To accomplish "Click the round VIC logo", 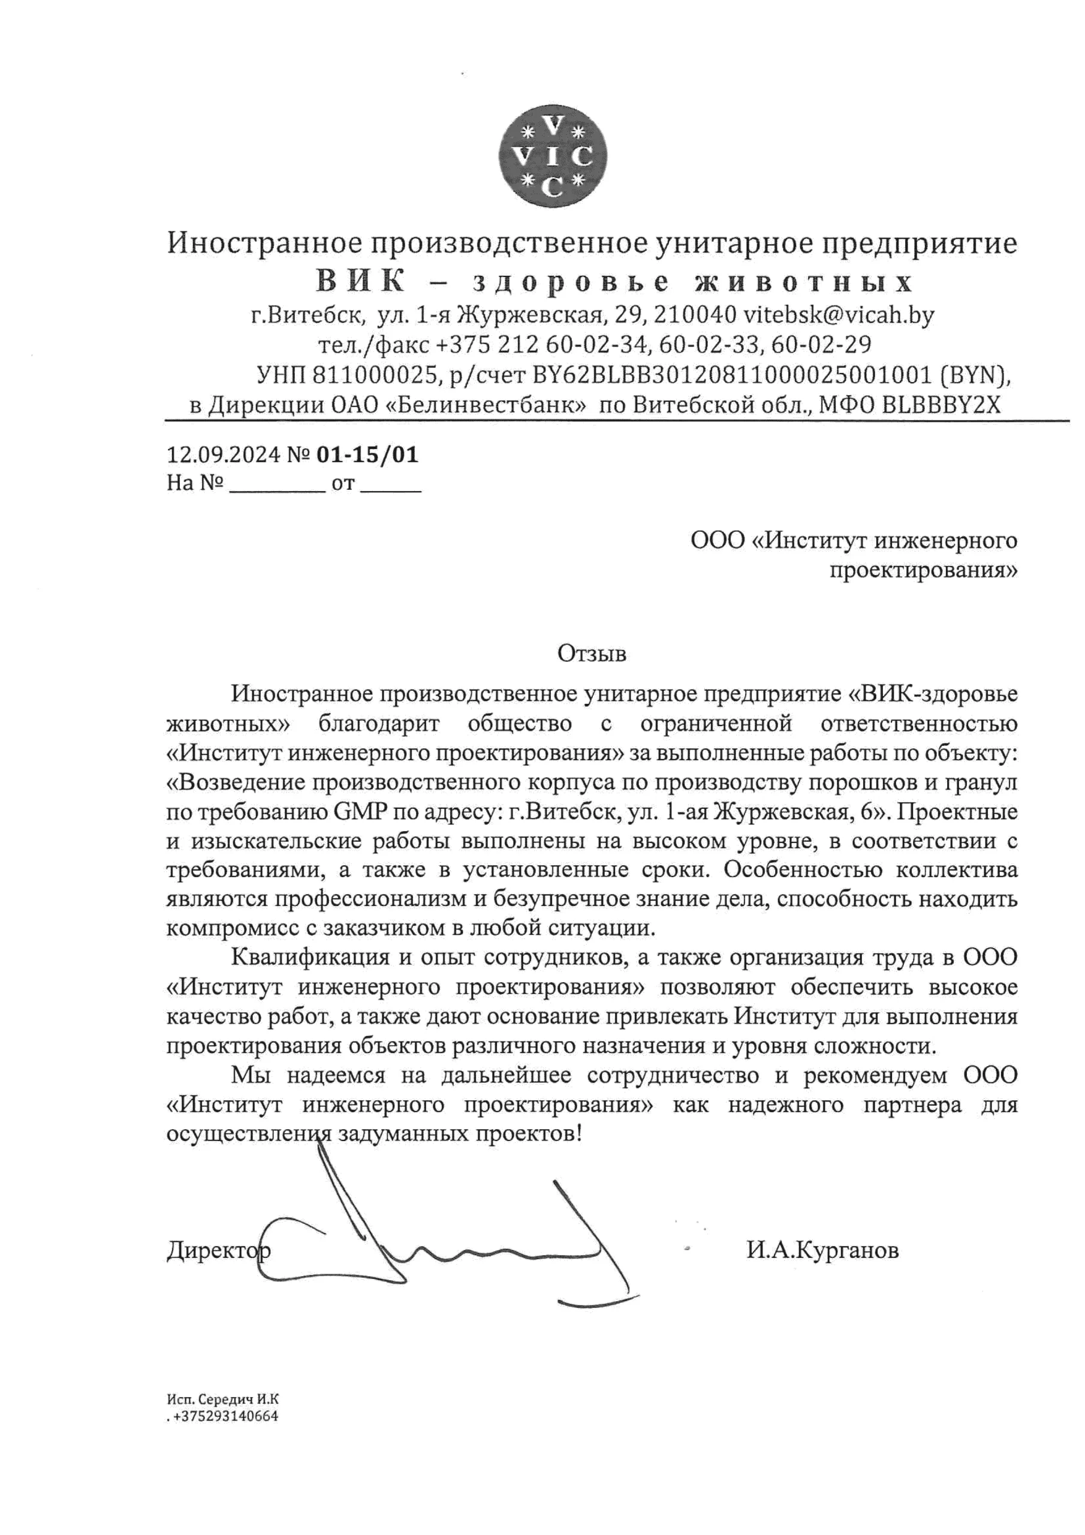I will pos(553,156).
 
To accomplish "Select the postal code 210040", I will pos(695,314).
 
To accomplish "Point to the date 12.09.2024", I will pos(222,455).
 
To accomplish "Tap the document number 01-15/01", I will pos(367,455).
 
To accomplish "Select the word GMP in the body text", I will pos(359,812).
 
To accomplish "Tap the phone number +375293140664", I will pos(225,1416).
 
